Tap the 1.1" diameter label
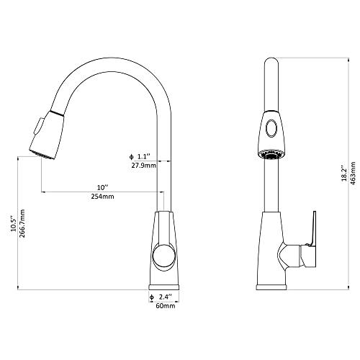[x=141, y=156]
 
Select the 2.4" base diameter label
[x=166, y=296]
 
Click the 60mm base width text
[x=166, y=305]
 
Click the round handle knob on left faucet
[x=164, y=256]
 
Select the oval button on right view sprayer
[x=270, y=130]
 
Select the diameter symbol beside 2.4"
[x=152, y=296]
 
